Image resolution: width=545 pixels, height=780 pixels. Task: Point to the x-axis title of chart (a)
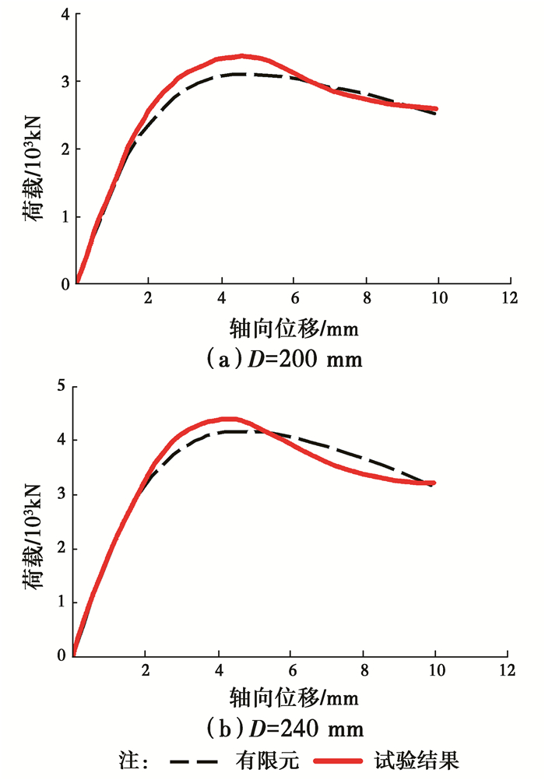pos(292,327)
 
